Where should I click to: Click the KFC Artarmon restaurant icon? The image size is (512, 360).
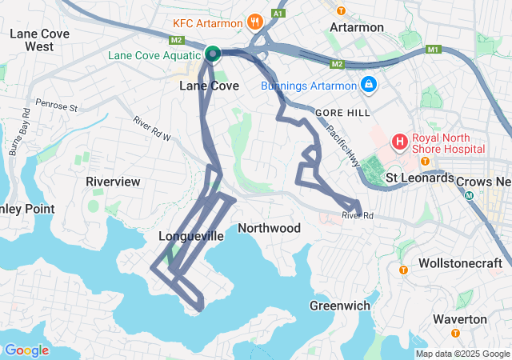coord(254,21)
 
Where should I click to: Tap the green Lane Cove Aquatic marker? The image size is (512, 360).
coord(213,54)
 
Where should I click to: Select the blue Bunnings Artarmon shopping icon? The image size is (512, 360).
coord(368,83)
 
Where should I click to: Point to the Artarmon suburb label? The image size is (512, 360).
coord(357,27)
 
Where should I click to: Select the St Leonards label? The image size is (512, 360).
coord(419,178)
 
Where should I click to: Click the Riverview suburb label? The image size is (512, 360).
coord(113,182)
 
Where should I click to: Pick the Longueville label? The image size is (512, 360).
coord(191,237)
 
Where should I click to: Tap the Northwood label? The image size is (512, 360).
coord(270,229)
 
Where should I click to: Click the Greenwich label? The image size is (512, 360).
coord(340,306)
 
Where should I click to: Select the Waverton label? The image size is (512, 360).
coord(459,319)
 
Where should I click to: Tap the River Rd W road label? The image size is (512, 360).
coord(152,129)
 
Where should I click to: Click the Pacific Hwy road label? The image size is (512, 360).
coord(342,144)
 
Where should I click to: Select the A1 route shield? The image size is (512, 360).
coord(278,14)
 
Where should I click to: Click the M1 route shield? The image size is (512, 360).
coord(434,50)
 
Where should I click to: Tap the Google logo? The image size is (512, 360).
coord(26,350)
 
